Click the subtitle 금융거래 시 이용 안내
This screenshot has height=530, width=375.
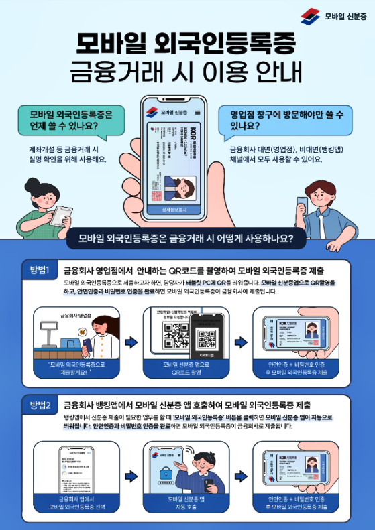[187, 70]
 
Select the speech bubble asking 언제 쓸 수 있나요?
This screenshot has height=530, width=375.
[62, 119]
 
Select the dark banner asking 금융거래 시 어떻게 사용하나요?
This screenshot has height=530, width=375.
[187, 237]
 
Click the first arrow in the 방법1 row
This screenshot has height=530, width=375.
[131, 342]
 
